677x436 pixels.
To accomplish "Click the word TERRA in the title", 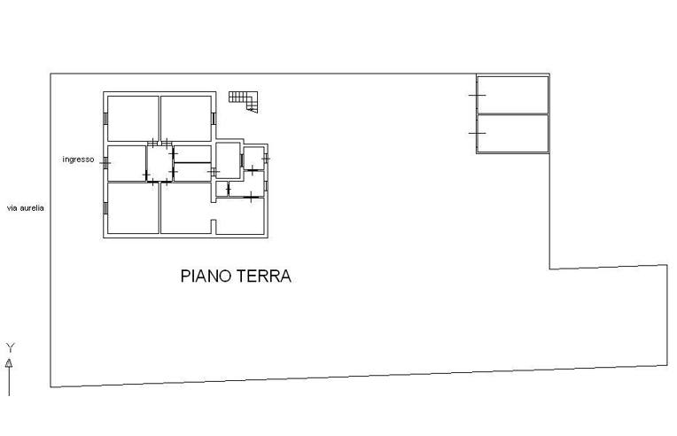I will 263,276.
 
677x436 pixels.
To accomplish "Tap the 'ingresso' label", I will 78,160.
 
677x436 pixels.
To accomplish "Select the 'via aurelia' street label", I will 26,208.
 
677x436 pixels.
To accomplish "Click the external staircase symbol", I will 244,100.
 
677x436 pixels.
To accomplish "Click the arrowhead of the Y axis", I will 9,362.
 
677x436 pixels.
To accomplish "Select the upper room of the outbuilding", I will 513,95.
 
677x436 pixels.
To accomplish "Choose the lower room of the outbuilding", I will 513,132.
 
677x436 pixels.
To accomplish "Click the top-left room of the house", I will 133,118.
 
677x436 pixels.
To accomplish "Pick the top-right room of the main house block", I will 186,118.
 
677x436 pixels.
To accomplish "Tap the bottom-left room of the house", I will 133,208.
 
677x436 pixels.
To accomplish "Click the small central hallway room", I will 160,163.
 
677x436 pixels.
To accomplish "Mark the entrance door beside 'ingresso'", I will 105,163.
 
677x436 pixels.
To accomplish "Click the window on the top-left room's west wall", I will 105,118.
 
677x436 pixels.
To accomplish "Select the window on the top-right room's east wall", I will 214,118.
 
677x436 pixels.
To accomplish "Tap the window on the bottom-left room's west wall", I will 105,208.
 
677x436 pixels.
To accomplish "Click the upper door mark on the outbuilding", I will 478,95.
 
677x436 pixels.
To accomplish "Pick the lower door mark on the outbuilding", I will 478,133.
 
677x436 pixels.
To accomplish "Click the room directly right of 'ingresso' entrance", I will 127,163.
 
